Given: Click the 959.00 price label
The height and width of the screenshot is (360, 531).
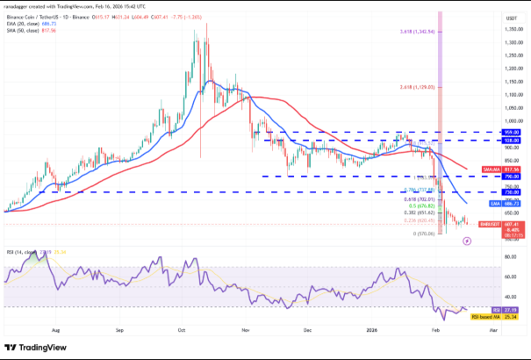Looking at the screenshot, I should point(489,133).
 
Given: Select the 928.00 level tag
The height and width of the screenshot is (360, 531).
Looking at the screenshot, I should point(489,140).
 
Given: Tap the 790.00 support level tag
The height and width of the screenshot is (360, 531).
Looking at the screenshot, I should point(489,176).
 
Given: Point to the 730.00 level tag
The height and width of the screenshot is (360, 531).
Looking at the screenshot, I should point(489,191).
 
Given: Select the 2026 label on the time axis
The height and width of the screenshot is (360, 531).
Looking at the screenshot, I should point(370,332).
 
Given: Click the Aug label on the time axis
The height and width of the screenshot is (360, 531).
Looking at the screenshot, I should point(57,332).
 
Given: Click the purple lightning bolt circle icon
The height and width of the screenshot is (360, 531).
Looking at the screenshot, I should point(467,240).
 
